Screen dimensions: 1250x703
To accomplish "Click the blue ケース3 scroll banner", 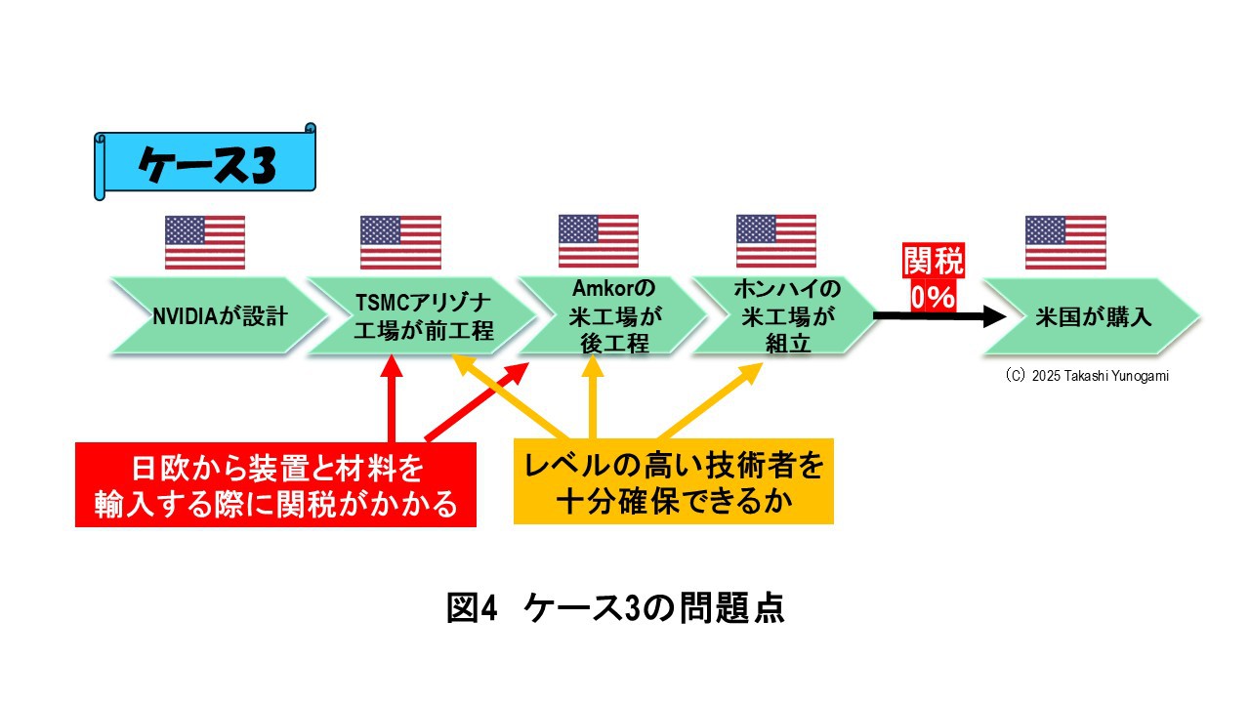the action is [x=205, y=162].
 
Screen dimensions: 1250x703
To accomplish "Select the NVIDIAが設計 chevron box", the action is [x=219, y=315].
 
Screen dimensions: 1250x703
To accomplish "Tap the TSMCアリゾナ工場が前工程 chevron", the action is [x=422, y=315].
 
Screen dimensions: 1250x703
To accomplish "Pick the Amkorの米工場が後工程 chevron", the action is [x=612, y=315].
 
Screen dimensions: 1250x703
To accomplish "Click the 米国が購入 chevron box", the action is [x=1092, y=316].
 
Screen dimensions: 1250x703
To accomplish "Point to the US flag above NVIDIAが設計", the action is [x=205, y=243].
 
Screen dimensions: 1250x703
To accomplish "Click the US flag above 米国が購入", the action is [x=1065, y=243].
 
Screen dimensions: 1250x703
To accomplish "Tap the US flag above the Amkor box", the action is [x=599, y=241].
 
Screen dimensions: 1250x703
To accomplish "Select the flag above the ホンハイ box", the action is [x=775, y=241].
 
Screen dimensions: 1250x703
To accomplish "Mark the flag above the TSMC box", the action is [x=400, y=243].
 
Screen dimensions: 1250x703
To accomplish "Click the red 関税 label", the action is [x=934, y=260].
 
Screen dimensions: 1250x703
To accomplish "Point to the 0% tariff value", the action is [x=934, y=296].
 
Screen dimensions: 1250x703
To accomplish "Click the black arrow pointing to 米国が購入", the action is [x=939, y=316].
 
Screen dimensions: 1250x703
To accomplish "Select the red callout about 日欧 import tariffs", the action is [x=275, y=484].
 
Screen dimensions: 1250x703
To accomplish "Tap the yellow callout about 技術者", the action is [x=674, y=481].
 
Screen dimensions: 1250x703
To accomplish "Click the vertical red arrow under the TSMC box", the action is [x=392, y=399].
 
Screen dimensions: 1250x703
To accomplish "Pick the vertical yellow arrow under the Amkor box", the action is [x=593, y=397].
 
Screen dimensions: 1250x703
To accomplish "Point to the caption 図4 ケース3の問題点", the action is [x=615, y=607].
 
